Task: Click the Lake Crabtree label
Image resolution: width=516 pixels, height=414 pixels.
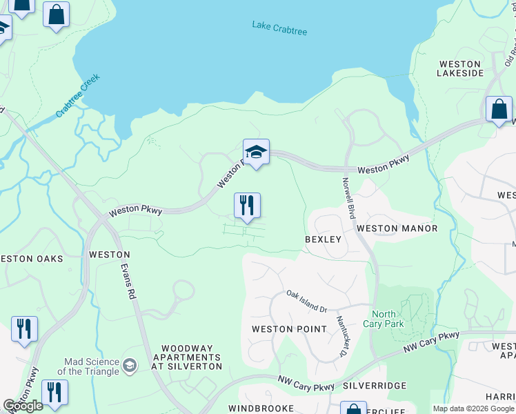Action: [x=279, y=28]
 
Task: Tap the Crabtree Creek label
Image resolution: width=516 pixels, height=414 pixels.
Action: [x=78, y=95]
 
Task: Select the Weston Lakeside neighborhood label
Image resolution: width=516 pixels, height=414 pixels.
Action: [x=460, y=68]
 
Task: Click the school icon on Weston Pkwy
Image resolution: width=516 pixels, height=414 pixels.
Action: [x=256, y=152]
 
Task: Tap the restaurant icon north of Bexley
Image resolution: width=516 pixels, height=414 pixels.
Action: [x=247, y=206]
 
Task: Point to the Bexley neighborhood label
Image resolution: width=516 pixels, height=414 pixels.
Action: [x=324, y=239]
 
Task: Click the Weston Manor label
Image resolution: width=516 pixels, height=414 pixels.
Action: [x=406, y=228]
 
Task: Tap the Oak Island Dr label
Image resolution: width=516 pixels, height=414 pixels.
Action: [x=306, y=301]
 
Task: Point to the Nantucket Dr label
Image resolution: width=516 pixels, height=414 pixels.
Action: [x=341, y=337]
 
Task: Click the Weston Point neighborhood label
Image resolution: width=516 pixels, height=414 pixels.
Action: [x=289, y=329]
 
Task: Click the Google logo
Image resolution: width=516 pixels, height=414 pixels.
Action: [x=23, y=406]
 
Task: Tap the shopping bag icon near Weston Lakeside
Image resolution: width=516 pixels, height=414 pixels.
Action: [x=499, y=110]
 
